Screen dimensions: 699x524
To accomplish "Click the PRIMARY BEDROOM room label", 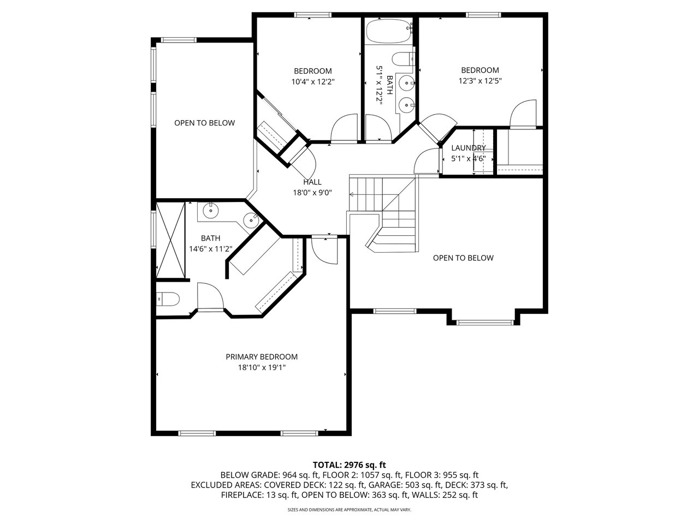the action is (262, 356).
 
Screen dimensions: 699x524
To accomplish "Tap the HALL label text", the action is (312, 182).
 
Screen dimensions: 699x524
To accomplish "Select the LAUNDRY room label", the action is (468, 148).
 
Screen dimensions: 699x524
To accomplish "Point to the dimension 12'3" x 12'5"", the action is (480, 81).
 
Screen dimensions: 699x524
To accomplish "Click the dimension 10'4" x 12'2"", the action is (313, 82).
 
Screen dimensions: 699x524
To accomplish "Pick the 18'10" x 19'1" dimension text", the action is (262, 367).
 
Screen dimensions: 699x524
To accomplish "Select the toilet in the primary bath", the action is (168, 299).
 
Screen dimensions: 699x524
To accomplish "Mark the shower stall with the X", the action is (170, 240).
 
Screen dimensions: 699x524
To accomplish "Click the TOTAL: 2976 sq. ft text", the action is (349, 465).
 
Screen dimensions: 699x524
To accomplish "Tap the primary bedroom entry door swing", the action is (324, 251).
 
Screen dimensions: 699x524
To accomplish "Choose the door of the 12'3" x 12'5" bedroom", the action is (523, 114).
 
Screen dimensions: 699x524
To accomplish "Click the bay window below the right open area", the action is (485, 322).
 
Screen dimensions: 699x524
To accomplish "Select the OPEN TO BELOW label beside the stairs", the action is (463, 258).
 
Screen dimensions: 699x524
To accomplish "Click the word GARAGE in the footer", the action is (384, 485).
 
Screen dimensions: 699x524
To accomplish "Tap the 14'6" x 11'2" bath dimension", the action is (210, 249).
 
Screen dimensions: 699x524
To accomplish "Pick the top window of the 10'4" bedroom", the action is (313, 15).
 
